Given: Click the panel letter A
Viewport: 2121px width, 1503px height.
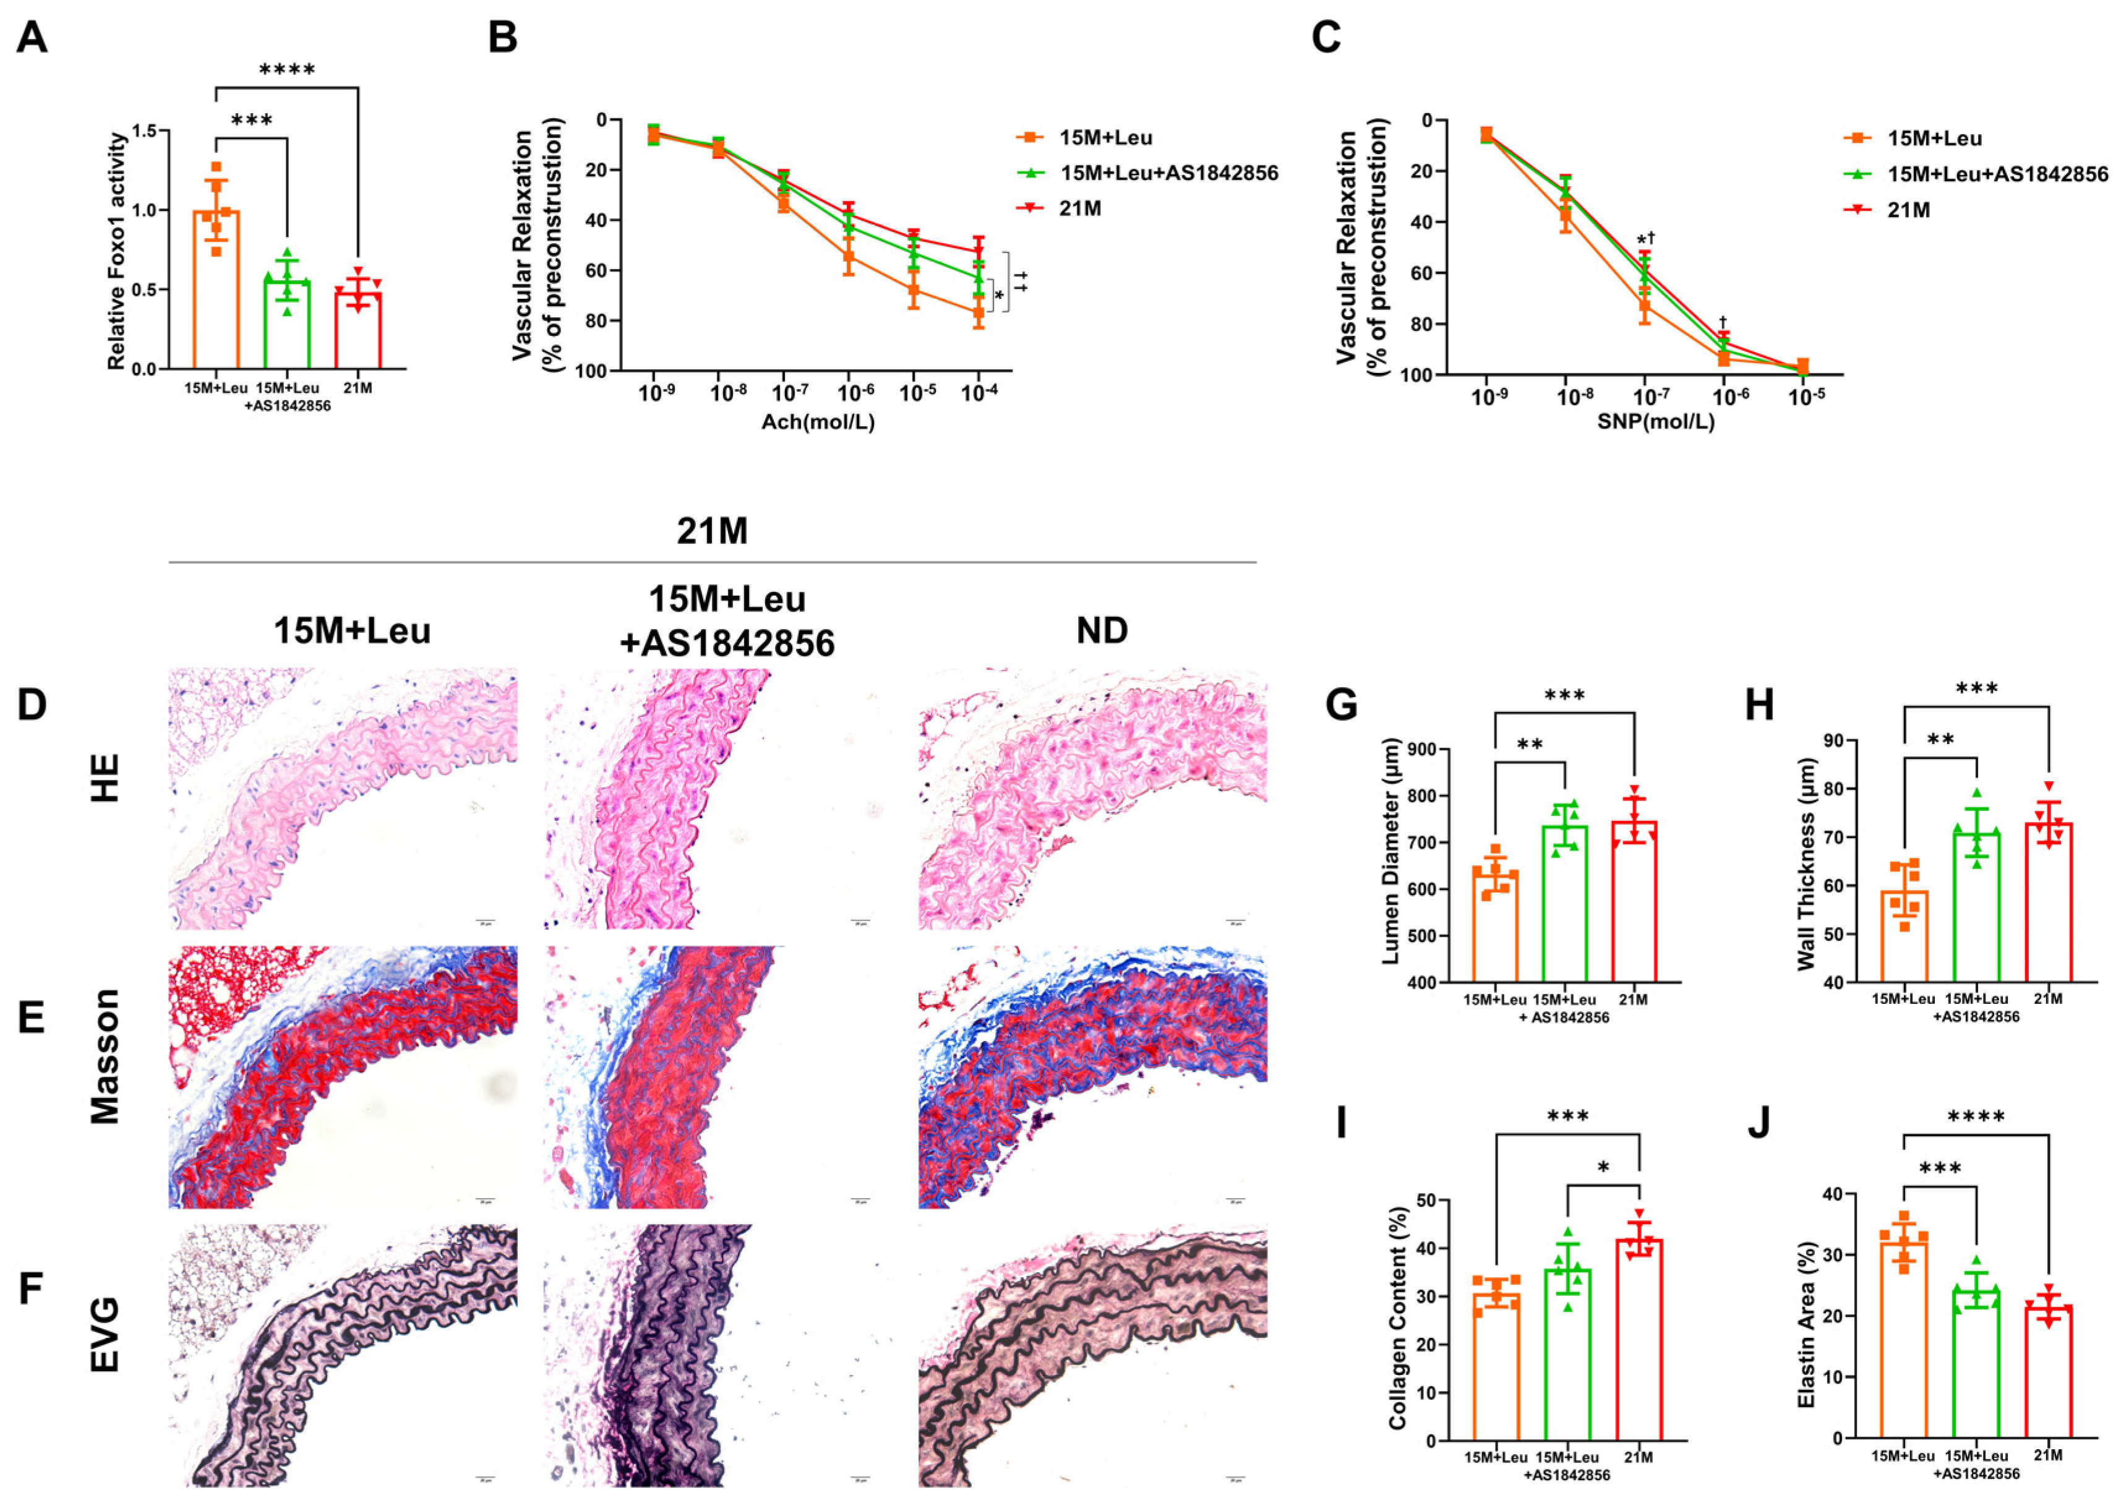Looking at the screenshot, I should [32, 39].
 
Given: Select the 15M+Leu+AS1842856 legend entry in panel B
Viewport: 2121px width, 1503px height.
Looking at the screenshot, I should [1168, 173].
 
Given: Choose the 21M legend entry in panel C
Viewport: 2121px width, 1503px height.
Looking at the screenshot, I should [1908, 210].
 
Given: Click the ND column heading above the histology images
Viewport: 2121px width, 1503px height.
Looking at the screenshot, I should [1101, 631].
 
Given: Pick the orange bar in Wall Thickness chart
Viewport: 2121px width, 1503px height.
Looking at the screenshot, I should [1903, 935].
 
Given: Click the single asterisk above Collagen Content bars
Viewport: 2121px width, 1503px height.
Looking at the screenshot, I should [1603, 1168].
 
